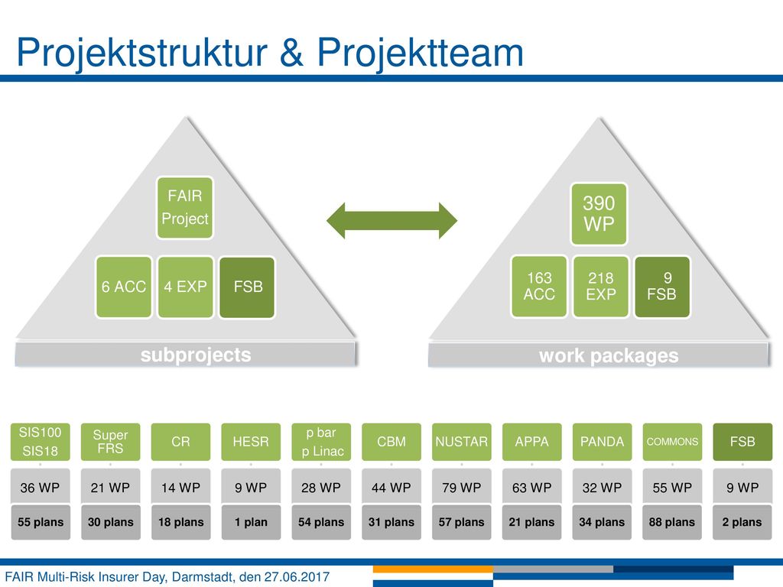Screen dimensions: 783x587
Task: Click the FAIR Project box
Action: (x=185, y=208)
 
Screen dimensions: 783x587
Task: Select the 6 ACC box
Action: (x=124, y=287)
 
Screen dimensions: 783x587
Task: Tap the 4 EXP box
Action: (x=185, y=287)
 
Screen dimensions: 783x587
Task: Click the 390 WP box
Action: (x=599, y=214)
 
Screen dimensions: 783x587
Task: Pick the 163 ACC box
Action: (x=539, y=287)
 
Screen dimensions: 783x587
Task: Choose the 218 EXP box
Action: (x=601, y=287)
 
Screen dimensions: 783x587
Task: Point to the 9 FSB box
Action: (x=662, y=287)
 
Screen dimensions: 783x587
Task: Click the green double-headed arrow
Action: (x=392, y=220)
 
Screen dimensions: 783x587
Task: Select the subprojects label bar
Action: (x=185, y=355)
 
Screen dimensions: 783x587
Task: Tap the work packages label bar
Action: (x=598, y=355)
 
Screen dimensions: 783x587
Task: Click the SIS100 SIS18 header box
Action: (x=40, y=442)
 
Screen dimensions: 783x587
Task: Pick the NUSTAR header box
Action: (x=461, y=442)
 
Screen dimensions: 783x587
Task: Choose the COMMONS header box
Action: (x=672, y=442)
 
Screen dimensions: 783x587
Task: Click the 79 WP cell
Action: (x=461, y=487)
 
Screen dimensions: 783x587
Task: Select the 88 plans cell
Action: (x=672, y=522)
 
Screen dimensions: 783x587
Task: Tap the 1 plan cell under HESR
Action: (x=251, y=522)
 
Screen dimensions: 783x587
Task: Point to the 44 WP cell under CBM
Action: (x=391, y=487)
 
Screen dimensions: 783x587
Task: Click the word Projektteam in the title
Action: (x=421, y=53)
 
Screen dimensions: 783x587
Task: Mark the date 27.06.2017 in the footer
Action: (x=297, y=577)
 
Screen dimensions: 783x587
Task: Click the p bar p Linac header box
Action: (x=321, y=442)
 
